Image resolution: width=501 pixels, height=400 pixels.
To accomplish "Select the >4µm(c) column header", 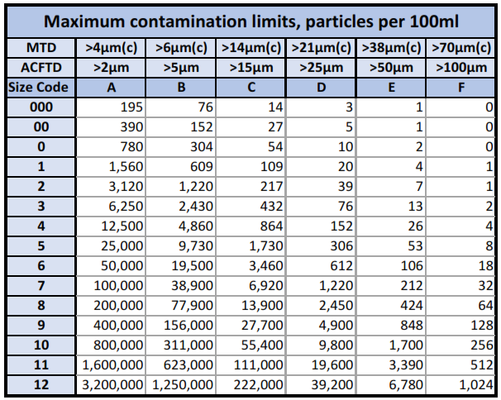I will pyautogui.click(x=112, y=48).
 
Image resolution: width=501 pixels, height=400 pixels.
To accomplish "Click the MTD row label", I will pyautogui.click(x=40, y=48).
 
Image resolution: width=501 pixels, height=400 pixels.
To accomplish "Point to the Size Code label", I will pyautogui.click(x=40, y=87).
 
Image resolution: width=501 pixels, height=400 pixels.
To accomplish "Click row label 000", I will pyautogui.click(x=40, y=107).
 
